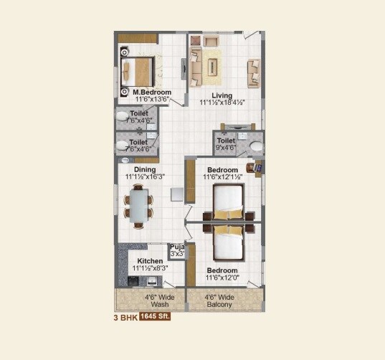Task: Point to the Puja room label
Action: point(176,247)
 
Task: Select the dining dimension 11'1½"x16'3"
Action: point(145,177)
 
